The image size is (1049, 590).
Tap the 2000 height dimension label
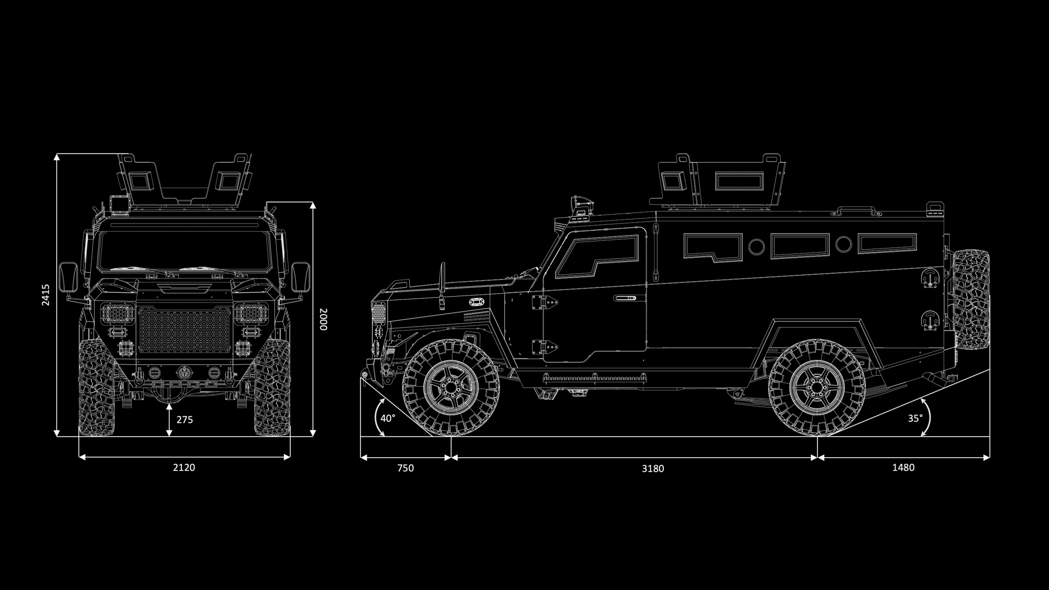pyautogui.click(x=323, y=319)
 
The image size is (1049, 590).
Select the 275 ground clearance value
pyautogui.click(x=185, y=420)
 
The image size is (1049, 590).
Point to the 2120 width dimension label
pyautogui.click(x=184, y=467)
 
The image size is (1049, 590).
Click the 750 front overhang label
pyautogui.click(x=405, y=468)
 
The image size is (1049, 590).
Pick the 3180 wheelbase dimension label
pyautogui.click(x=653, y=469)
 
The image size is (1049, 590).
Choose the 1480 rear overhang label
pyautogui.click(x=903, y=467)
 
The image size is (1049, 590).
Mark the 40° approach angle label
pyautogui.click(x=388, y=418)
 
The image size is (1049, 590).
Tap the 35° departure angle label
pyautogui.click(x=915, y=418)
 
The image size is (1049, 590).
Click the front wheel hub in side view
pyautogui.click(x=451, y=388)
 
